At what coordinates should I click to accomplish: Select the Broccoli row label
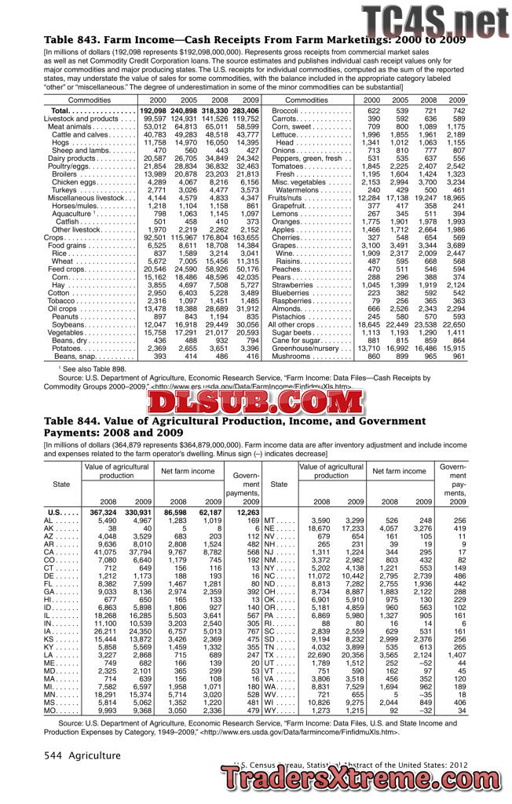click(288, 111)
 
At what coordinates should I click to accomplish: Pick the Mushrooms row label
click(292, 356)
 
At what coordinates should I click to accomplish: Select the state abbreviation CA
click(49, 552)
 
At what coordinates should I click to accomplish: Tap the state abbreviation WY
click(269, 711)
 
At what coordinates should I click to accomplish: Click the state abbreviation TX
click(269, 655)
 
